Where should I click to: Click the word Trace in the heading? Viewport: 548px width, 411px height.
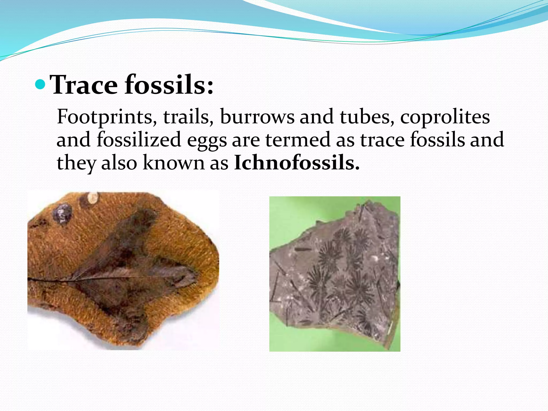(x=84, y=85)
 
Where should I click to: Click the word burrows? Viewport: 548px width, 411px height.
(x=257, y=117)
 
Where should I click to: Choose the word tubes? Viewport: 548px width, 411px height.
(x=367, y=117)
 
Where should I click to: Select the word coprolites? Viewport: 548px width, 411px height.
(x=445, y=117)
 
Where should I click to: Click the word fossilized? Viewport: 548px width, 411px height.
(x=139, y=140)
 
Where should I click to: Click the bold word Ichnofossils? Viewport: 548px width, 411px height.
(x=296, y=163)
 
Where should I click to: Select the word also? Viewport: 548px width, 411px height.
(x=119, y=163)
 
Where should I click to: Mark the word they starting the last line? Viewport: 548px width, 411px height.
(x=76, y=163)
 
